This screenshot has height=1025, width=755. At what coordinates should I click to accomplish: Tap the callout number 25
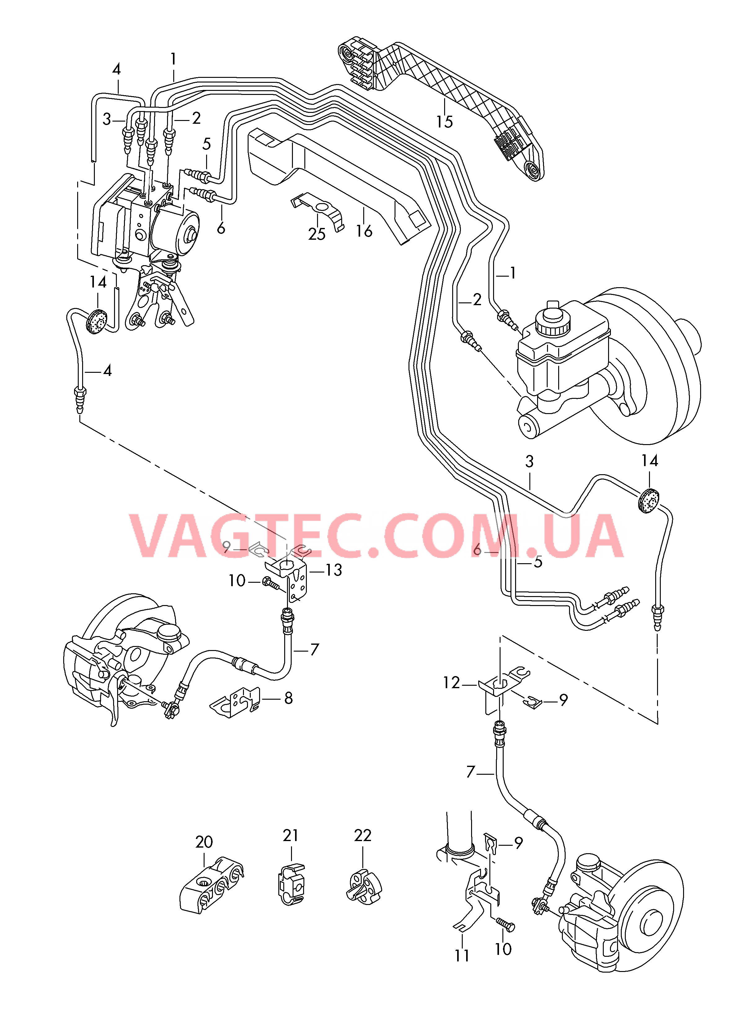point(317,234)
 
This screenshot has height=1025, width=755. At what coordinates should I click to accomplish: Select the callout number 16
point(364,231)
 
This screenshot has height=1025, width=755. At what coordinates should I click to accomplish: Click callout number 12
point(451,683)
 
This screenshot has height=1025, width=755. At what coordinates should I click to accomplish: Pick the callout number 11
point(462,956)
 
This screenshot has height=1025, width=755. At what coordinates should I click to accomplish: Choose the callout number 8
point(288,698)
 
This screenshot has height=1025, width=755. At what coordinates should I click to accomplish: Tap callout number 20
point(204,842)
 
